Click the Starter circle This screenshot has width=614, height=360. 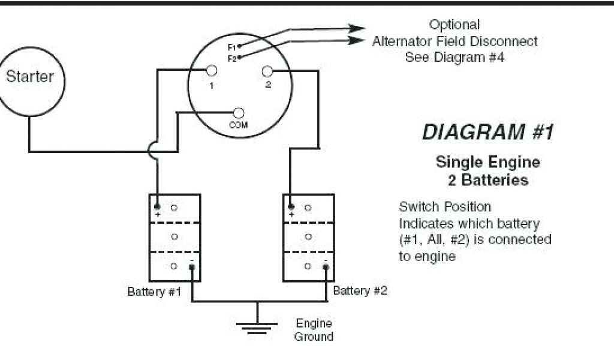[30, 80]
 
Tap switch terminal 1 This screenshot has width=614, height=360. [211, 71]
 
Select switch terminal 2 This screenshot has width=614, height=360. [267, 71]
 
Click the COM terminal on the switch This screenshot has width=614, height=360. [239, 113]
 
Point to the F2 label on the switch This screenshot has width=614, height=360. [231, 58]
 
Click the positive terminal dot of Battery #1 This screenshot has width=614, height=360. [158, 207]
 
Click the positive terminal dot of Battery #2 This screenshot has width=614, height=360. [291, 207]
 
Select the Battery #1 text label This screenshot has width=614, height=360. [154, 292]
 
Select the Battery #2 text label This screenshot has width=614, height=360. [360, 291]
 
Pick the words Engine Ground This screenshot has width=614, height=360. [313, 329]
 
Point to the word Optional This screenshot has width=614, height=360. [455, 25]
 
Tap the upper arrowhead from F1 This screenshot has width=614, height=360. [357, 28]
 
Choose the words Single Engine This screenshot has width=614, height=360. [487, 162]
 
